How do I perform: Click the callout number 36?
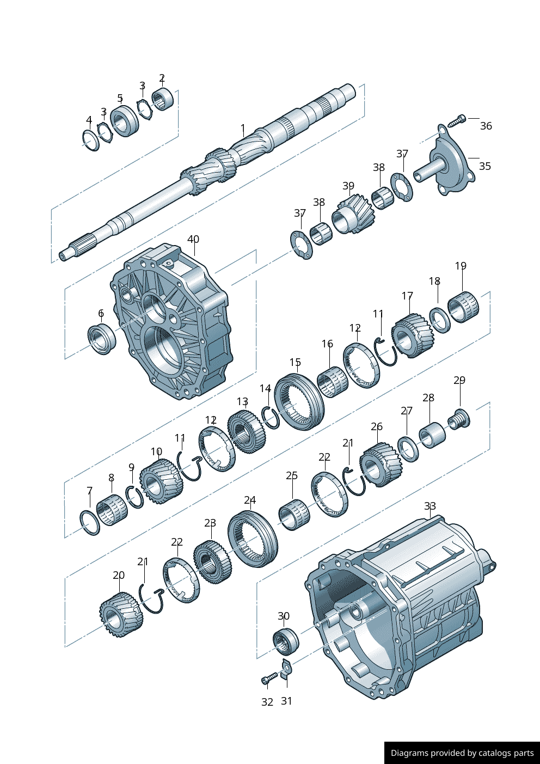pos(486,126)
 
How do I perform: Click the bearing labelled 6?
pos(102,338)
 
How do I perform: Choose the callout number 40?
pos(193,239)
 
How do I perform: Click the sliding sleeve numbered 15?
pos(299,401)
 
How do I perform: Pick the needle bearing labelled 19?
pos(463,307)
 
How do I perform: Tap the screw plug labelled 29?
pos(459,419)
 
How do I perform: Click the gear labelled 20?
pos(121,614)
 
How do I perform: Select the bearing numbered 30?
pos(286,641)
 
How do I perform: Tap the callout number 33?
pos(430,506)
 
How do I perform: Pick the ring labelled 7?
pos(90,522)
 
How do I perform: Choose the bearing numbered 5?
pos(125,121)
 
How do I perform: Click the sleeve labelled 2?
pos(163,99)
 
